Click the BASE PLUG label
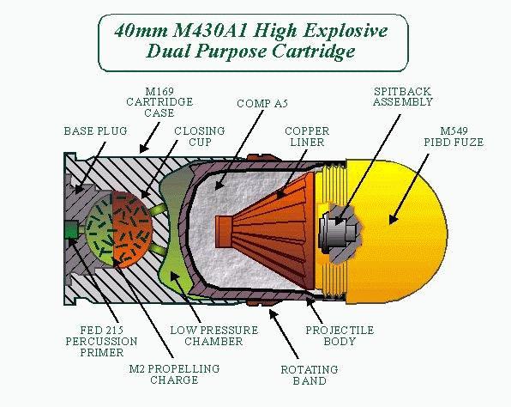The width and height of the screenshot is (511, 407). coord(95,131)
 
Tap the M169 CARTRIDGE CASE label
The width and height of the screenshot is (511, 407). coord(159,102)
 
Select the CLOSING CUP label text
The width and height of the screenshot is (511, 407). coord(200,137)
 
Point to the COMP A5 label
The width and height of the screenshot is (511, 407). coord(262,103)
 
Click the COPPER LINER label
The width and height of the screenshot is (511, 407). coord(307,137)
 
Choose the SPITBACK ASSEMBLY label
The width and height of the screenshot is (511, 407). coord(402,97)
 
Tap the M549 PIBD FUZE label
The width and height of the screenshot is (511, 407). coord(454,137)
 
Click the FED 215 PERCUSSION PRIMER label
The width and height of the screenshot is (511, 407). coord(101,342)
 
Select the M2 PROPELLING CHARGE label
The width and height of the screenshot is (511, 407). coord(174,374)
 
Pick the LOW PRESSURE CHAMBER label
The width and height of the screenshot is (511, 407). coord(213,336)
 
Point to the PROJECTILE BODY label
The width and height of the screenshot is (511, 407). coord(340,336)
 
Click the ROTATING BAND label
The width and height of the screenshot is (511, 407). coord(310,375)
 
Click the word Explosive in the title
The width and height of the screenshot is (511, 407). coord(346,31)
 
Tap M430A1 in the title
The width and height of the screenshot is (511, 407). coord(211,31)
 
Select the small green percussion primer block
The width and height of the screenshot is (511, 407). coord(71,230)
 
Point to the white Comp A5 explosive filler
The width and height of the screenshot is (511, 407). coord(248,235)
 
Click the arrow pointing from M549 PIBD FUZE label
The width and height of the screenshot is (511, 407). coord(409,189)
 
